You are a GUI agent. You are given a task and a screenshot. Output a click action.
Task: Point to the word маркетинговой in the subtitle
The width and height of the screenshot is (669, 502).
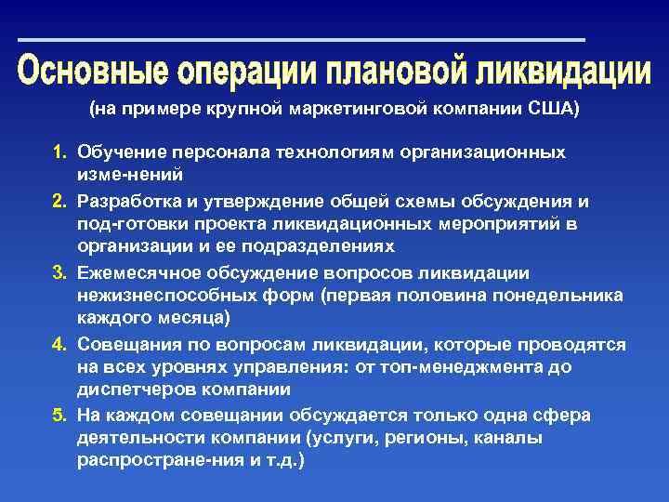368,110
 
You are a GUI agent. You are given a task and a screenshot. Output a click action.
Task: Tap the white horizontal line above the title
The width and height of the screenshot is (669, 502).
302,39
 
